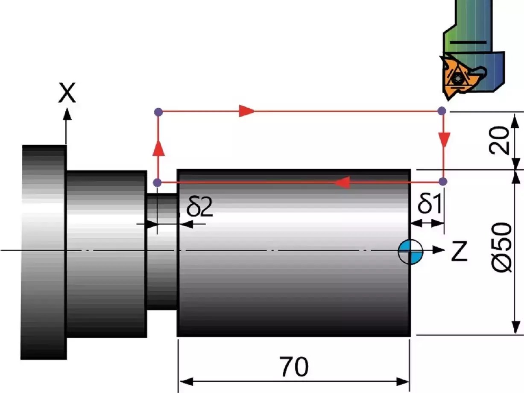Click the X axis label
pyautogui.click(x=67, y=94)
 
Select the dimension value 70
pyautogui.click(x=294, y=367)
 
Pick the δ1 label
pyautogui.click(x=429, y=205)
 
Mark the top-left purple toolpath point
pyautogui.click(x=158, y=112)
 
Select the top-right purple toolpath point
pyautogui.click(x=442, y=111)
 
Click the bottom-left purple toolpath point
pyautogui.click(x=158, y=183)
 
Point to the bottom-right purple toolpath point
pyautogui.click(x=443, y=182)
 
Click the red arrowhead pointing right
pyautogui.click(x=247, y=111)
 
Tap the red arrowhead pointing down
pyautogui.click(x=444, y=139)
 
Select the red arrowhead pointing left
pyautogui.click(x=342, y=183)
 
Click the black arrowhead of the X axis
pyautogui.click(x=66, y=114)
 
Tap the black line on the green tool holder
pyautogui.click(x=468, y=42)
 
